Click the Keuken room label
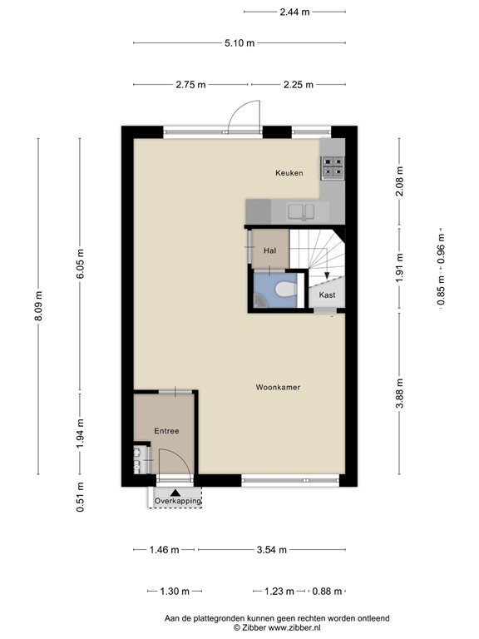[x=289, y=173]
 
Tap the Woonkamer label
[x=278, y=388]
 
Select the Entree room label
[x=166, y=431]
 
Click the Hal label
[x=269, y=250]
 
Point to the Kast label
[x=327, y=295]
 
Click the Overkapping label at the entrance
[x=178, y=501]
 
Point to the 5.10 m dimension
[x=239, y=43]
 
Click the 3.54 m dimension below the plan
[x=271, y=549]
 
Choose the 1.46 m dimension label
[x=164, y=549]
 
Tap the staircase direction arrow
[x=327, y=277]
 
